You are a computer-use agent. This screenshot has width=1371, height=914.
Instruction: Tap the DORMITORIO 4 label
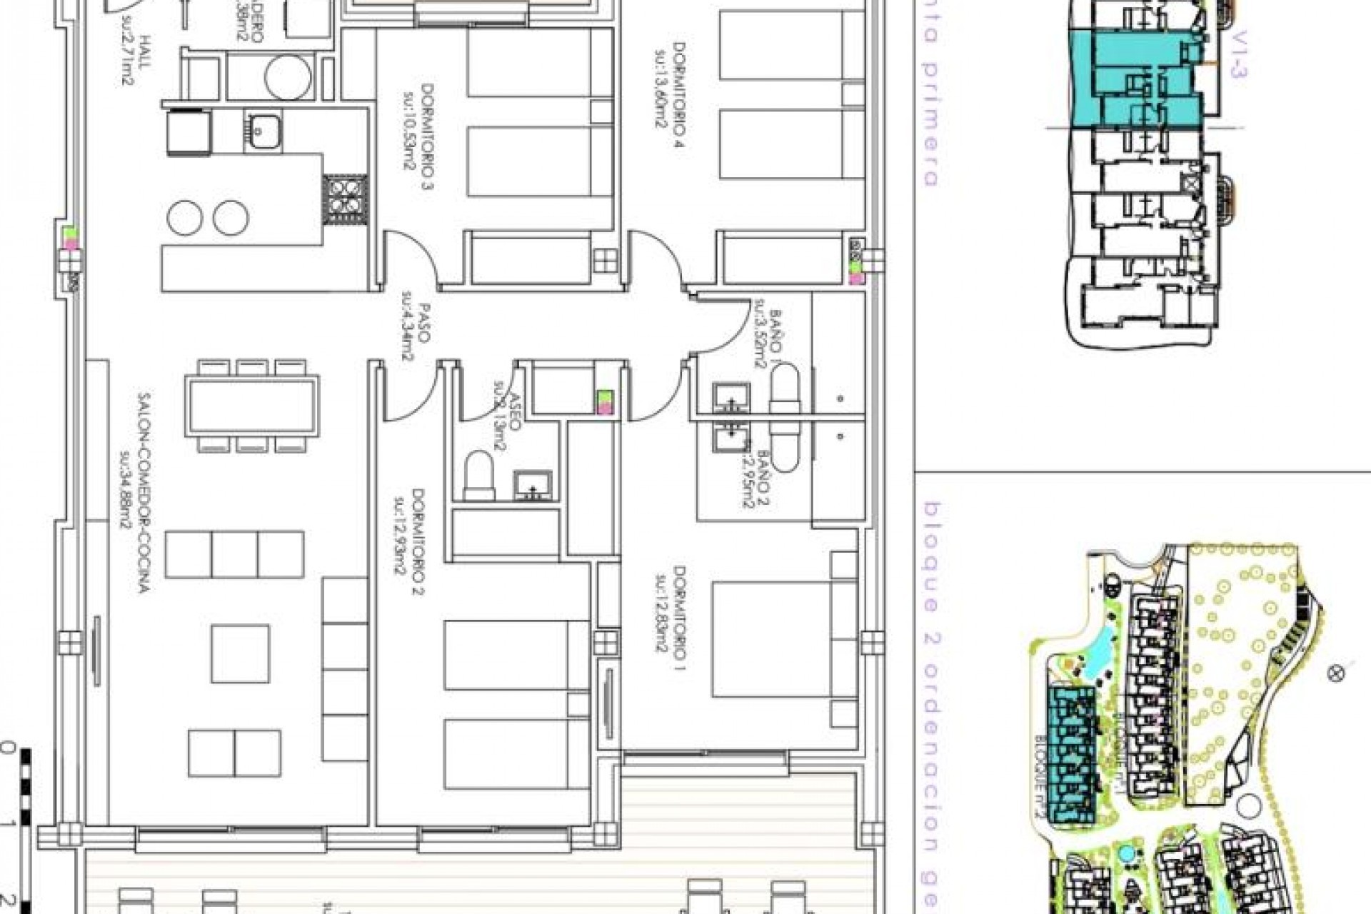pos(679,94)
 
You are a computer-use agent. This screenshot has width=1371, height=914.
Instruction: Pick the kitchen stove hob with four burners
pos(346,199)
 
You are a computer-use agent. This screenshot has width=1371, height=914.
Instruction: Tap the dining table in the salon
pos(251,406)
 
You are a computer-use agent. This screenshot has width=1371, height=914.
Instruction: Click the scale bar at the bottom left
pos(26,828)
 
